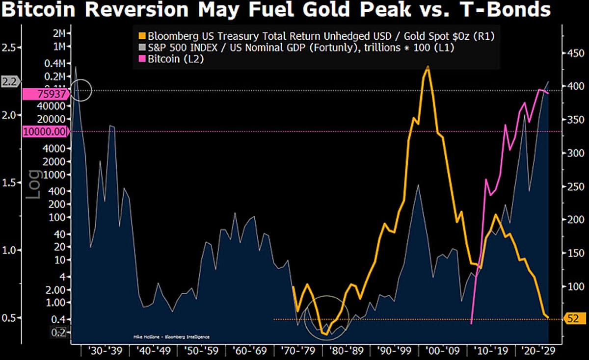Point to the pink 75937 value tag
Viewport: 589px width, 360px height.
pyautogui.click(x=45, y=94)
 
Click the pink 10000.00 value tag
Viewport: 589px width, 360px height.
pyautogui.click(x=45, y=131)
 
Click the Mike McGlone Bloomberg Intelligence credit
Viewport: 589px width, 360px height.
pyautogui.click(x=171, y=337)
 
